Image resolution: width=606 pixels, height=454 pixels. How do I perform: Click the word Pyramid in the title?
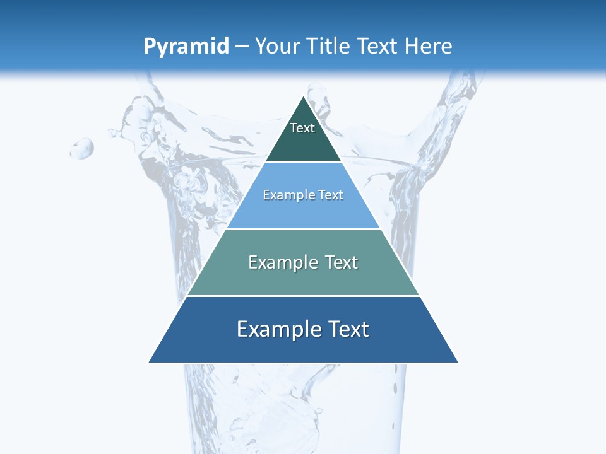[x=186, y=47]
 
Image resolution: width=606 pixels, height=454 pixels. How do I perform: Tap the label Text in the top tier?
[x=302, y=128]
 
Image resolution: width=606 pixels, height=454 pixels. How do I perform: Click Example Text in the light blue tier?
[x=303, y=195]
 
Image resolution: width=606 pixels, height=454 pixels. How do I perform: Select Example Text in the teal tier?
[x=303, y=262]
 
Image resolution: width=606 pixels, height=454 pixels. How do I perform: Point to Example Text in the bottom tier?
[x=303, y=329]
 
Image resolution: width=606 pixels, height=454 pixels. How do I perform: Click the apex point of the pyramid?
[x=304, y=96]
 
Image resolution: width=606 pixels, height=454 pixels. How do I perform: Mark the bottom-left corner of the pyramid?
[x=149, y=362]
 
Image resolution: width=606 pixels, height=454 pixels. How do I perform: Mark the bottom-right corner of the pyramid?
[x=458, y=362]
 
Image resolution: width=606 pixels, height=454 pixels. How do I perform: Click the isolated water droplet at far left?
[x=82, y=149]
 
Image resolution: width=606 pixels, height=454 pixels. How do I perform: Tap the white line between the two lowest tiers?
[x=304, y=296]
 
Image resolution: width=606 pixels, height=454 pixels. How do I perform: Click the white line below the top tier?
[x=304, y=162]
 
